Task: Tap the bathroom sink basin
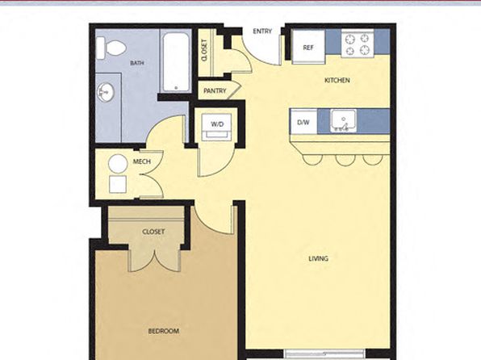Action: [106, 92]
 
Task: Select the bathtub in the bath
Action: [176, 62]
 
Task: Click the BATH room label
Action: [137, 63]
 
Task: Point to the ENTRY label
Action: [262, 31]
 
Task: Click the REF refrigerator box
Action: [308, 47]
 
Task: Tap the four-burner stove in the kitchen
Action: [358, 44]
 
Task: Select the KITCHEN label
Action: [337, 81]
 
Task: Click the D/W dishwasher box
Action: [303, 122]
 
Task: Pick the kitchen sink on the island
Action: [344, 121]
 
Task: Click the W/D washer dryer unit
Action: [217, 127]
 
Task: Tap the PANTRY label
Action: [215, 91]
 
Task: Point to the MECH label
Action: [142, 161]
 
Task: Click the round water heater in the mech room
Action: [118, 164]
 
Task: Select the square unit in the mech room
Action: [118, 184]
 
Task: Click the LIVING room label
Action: [319, 259]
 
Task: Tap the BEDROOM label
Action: [164, 331]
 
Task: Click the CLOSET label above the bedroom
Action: [153, 232]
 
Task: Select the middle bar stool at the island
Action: [345, 160]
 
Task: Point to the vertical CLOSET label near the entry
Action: [205, 50]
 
